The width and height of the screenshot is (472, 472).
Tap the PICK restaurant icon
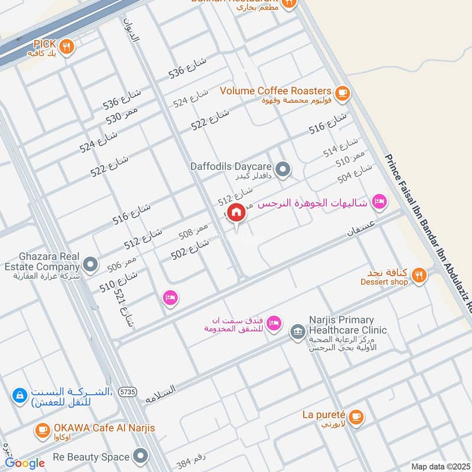coord(67,47)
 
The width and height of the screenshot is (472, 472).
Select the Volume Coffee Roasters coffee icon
coord(342,93)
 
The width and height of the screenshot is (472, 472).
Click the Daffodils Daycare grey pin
coord(284,171)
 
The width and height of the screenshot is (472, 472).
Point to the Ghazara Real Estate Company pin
coord(90,265)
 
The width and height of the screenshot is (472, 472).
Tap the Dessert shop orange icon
coord(419,274)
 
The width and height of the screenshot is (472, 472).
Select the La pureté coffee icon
coord(355,417)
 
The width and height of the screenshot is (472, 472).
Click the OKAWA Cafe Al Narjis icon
coord(42,430)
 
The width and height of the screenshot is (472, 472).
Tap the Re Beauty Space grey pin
coord(140,456)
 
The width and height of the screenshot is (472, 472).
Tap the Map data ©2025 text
coord(440,466)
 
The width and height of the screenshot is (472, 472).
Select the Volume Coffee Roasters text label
coord(276,91)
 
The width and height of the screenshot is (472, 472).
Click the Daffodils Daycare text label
coord(231,166)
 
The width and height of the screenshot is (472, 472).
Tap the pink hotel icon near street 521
coord(170,298)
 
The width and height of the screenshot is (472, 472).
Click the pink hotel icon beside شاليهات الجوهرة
coord(379,202)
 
